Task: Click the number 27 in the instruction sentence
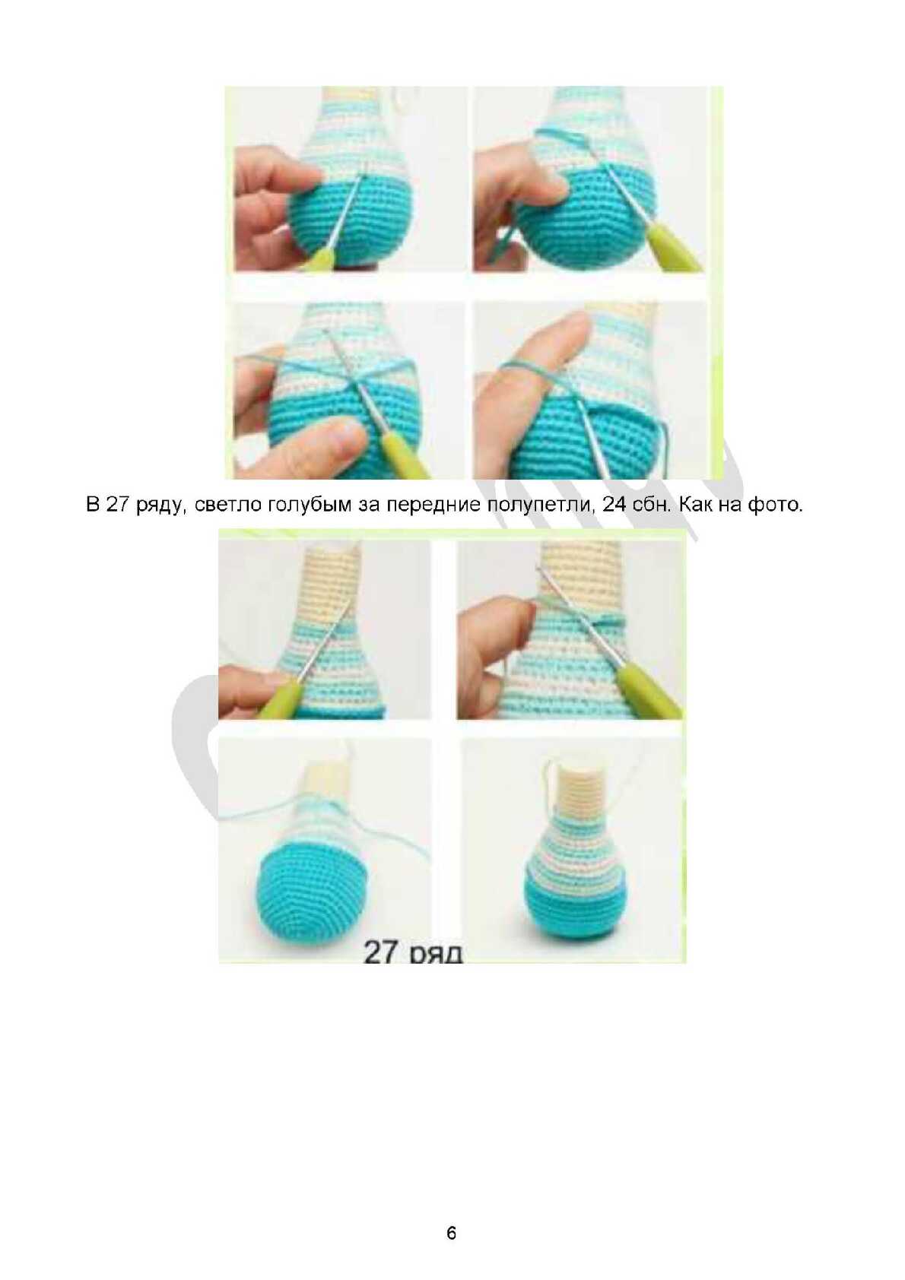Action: tap(117, 505)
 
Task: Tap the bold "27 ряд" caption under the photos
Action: tap(412, 952)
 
